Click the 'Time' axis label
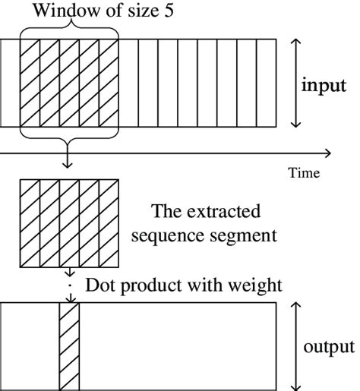coord(303,173)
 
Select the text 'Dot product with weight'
coord(184,285)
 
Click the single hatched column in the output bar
coord(69,345)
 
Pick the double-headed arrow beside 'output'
coord(296,345)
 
